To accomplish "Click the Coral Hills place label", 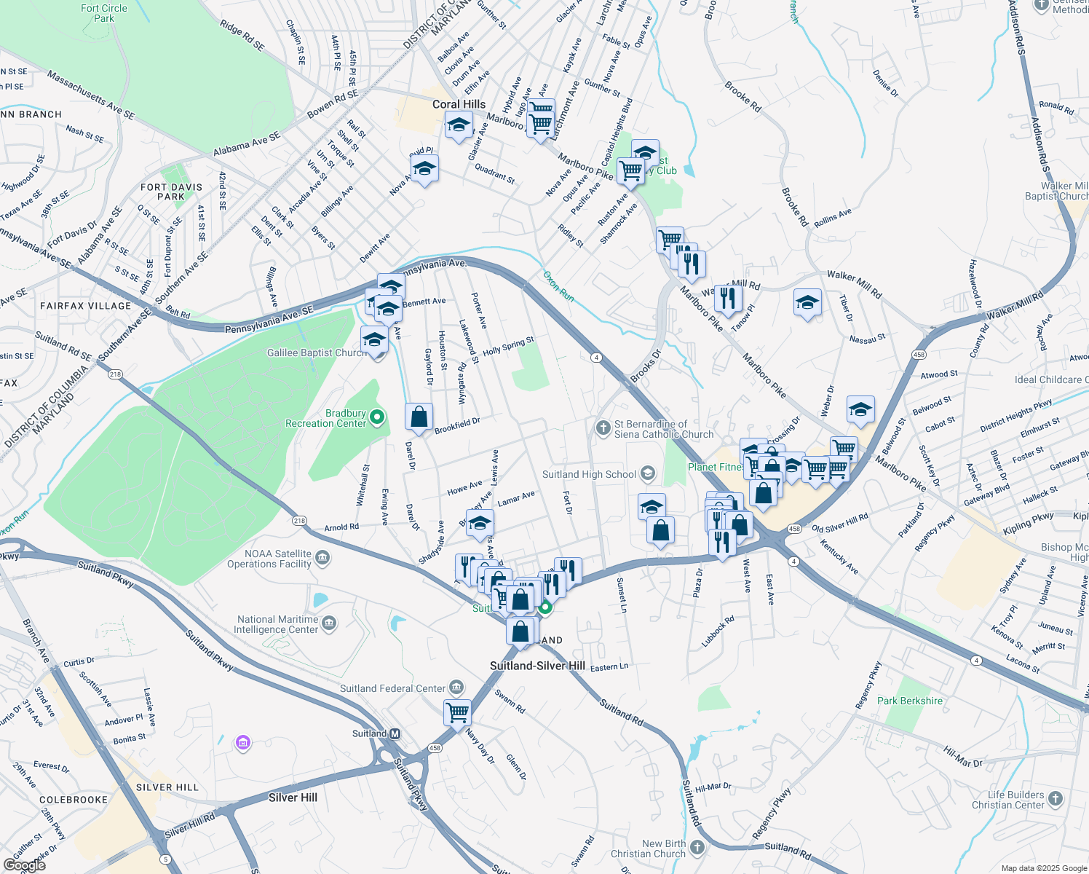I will (459, 104).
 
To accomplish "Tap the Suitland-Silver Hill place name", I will (537, 666).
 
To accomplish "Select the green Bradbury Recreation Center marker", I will (377, 417).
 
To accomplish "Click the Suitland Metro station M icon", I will (395, 734).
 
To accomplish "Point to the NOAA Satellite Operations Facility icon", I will (323, 559).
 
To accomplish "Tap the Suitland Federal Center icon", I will (456, 688).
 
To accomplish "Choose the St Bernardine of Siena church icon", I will (603, 428).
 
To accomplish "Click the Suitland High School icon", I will (647, 474).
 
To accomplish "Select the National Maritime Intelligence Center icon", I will (329, 623).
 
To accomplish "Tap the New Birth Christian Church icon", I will (697, 848).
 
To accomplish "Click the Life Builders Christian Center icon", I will (1056, 799).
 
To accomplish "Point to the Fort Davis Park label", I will (171, 192).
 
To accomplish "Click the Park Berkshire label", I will (909, 701).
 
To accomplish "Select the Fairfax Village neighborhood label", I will (85, 306).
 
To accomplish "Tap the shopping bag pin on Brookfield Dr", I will (419, 417).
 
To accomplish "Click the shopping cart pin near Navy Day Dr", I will (457, 712).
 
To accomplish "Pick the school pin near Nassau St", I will (807, 303).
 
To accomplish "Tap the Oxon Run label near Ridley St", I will (558, 286).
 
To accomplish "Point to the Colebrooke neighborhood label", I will (74, 800).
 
